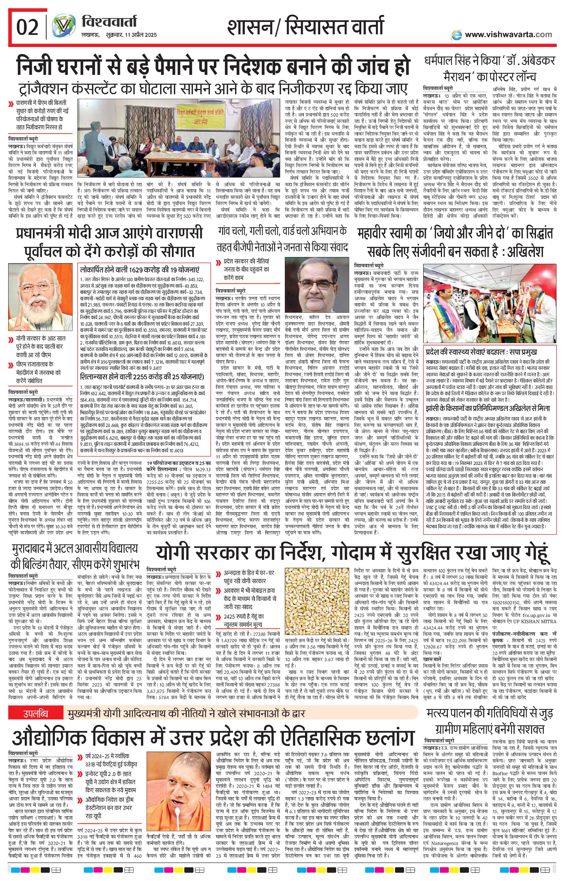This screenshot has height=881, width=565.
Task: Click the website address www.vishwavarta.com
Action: pos(508,35)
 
